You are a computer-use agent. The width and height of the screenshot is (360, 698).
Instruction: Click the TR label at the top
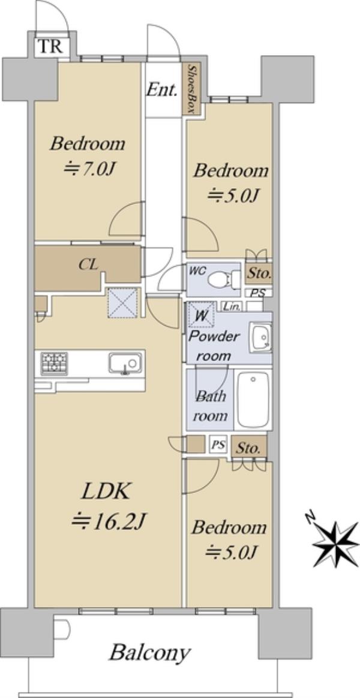50,46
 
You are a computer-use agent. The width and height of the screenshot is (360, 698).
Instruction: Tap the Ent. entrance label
162,90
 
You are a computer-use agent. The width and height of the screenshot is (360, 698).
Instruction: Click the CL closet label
89,264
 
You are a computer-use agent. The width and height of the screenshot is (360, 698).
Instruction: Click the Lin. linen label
233,306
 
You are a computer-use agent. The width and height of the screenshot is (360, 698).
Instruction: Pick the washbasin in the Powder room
260,338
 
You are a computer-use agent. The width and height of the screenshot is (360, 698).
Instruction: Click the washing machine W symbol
201,315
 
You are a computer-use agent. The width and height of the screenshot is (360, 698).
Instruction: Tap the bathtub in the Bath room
253,400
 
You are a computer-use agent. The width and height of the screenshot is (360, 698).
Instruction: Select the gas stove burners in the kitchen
54,363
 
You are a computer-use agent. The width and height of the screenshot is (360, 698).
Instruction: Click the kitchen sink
125,363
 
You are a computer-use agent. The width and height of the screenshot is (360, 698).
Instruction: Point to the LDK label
106,492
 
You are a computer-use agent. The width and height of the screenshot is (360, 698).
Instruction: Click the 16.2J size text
110,521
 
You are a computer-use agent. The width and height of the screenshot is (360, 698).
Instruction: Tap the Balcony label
150,653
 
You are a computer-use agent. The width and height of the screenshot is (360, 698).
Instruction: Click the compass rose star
335,544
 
